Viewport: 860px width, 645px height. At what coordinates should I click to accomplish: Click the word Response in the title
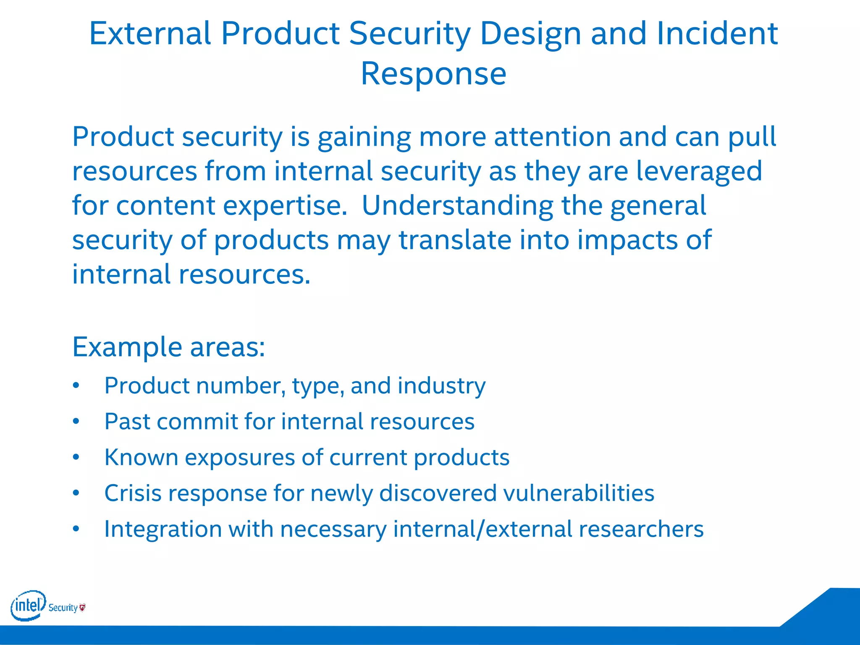pos(433,74)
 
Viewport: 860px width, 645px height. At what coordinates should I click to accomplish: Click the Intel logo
pos(28,606)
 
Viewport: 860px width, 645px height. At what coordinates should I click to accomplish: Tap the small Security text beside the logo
pos(63,608)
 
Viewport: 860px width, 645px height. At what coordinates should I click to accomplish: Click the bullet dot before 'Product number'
pos(76,385)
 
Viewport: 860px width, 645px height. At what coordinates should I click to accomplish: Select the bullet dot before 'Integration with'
pos(76,529)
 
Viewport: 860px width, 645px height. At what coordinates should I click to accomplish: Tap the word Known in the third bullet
pos(141,457)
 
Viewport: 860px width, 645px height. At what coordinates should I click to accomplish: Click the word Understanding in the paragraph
pos(457,206)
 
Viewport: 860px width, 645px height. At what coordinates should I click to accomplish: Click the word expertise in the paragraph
pos(285,207)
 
